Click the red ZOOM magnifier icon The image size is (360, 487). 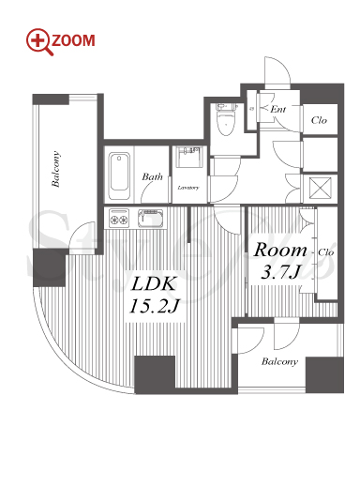click(38, 41)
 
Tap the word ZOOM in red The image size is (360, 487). click(73, 41)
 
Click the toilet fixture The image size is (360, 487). click(226, 119)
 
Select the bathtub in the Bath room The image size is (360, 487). click(119, 175)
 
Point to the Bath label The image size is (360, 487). click(152, 176)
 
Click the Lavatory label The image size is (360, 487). click(188, 188)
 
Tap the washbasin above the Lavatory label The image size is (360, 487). click(188, 157)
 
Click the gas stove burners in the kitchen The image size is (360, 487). click(119, 218)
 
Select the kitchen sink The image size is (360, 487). click(151, 218)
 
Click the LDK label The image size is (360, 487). click(153, 284)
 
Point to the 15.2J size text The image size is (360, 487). click(154, 306)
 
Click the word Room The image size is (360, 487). click(280, 251)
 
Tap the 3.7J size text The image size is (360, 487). click(280, 272)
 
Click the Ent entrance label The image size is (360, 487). click(278, 109)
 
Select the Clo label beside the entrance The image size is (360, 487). click(319, 120)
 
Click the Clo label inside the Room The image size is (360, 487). click(326, 252)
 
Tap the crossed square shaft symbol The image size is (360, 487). click(320, 188)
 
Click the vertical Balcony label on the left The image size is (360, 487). click(55, 169)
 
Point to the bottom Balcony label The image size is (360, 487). click(279, 361)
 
